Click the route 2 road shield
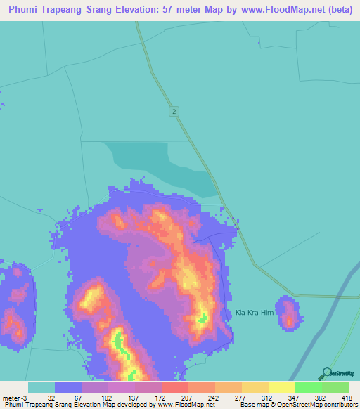173,112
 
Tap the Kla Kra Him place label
253,313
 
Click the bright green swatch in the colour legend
309,387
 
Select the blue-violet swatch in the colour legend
68,387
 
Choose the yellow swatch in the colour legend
282,387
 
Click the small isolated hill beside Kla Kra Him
288,313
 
